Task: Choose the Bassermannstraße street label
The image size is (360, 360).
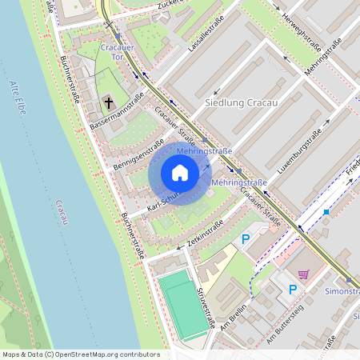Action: coord(117,112)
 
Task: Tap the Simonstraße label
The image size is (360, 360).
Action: coord(342,291)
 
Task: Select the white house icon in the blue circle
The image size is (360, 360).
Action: coord(180,173)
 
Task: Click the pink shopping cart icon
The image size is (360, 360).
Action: coord(303,274)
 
